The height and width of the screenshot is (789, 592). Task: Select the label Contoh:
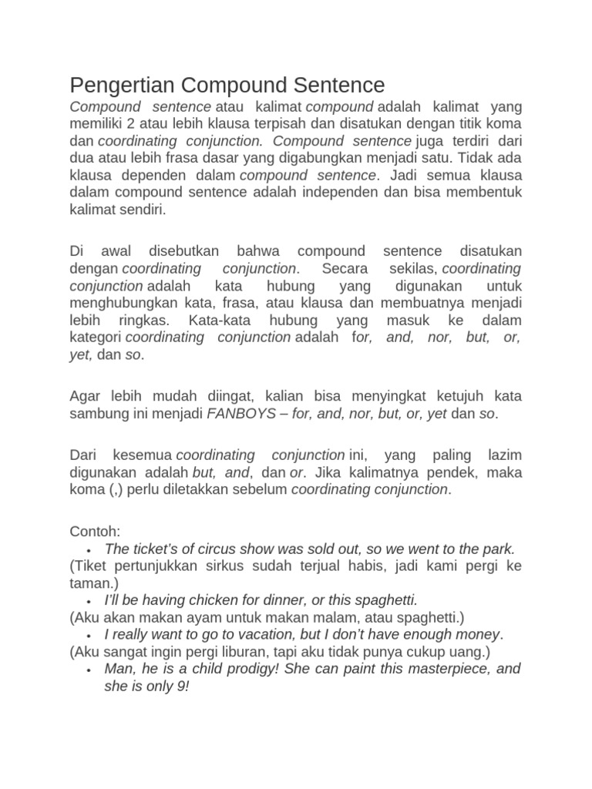(95, 531)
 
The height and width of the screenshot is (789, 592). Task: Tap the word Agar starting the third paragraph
(85, 397)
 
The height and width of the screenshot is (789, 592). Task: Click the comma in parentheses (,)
(109, 489)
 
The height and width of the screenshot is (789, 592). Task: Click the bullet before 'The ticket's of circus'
(90, 550)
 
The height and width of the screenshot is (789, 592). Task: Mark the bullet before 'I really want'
(90, 635)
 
